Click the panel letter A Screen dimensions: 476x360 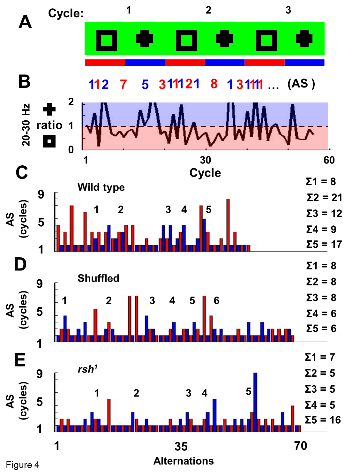tap(25, 22)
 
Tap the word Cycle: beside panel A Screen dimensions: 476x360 tap(66, 13)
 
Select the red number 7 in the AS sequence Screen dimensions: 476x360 tap(124, 85)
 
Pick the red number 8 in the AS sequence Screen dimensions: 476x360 tap(214, 84)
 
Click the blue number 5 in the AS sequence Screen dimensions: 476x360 tap(145, 85)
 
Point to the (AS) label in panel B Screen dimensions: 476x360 tap(301, 84)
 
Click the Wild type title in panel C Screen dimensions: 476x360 tap(101, 187)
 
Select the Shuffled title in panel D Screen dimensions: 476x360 tap(98, 278)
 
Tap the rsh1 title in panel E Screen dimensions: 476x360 tap(87, 369)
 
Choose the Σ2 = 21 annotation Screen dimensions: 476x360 tap(324, 198)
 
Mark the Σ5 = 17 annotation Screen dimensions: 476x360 tap(324, 245)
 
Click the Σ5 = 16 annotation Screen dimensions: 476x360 tap(323, 420)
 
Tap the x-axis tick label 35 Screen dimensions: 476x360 tap(181, 447)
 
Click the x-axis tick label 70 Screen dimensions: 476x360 tap(301, 446)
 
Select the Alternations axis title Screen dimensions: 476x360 tap(184, 461)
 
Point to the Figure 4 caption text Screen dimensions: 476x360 tap(23, 465)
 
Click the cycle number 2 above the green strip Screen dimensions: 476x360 tap(208, 10)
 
